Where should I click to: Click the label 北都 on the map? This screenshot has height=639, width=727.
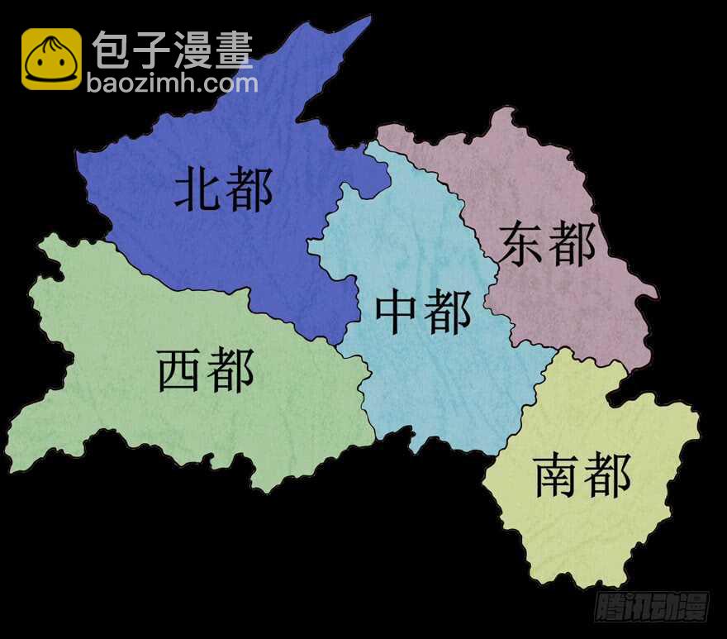223,190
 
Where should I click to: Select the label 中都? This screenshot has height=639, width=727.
423,312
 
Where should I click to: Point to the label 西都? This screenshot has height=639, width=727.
206,370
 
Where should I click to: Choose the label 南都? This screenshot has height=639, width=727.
582,474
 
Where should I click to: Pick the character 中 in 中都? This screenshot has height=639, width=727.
397,312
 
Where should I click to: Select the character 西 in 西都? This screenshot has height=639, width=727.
180,370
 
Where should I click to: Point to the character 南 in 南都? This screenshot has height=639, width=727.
558,474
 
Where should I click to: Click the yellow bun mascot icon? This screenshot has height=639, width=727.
51,59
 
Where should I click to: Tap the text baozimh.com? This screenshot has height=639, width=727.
172,83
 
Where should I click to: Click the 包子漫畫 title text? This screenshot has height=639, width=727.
173,50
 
